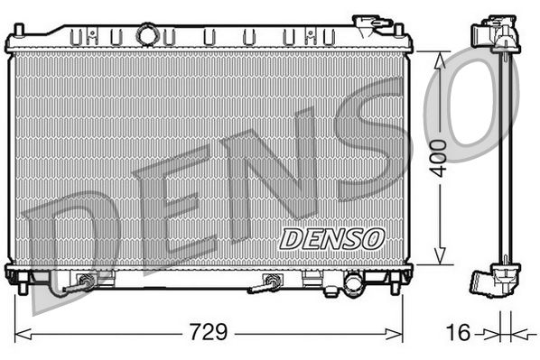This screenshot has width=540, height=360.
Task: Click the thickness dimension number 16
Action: (x=459, y=332)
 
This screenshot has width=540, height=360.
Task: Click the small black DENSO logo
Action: (x=331, y=237)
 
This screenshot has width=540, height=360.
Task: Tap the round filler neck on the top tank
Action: (x=146, y=35)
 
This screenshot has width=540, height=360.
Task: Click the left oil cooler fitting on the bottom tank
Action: (x=85, y=282)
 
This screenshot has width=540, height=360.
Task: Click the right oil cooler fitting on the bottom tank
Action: (x=271, y=282)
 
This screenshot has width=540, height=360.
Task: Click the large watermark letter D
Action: (x=68, y=230)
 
